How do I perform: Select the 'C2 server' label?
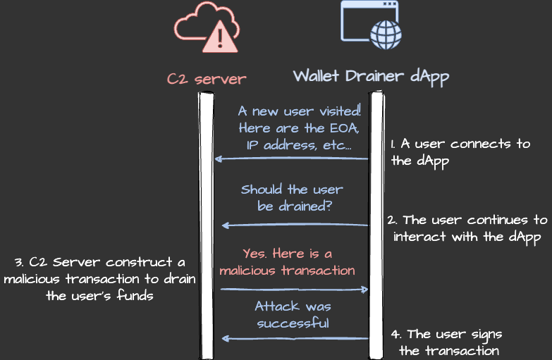(207, 77)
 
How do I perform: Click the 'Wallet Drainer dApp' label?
(371, 76)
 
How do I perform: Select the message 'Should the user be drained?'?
(292, 198)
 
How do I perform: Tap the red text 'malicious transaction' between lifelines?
(287, 270)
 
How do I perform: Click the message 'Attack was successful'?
(293, 315)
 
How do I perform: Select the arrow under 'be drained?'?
(295, 225)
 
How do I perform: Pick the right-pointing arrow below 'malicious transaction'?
(295, 289)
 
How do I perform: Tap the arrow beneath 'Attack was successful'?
(295, 339)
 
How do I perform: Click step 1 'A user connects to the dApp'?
(460, 151)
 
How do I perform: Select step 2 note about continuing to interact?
(467, 228)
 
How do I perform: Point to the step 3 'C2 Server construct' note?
(99, 279)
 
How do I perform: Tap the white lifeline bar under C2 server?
(206, 225)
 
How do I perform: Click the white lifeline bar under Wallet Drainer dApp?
(376, 225)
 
